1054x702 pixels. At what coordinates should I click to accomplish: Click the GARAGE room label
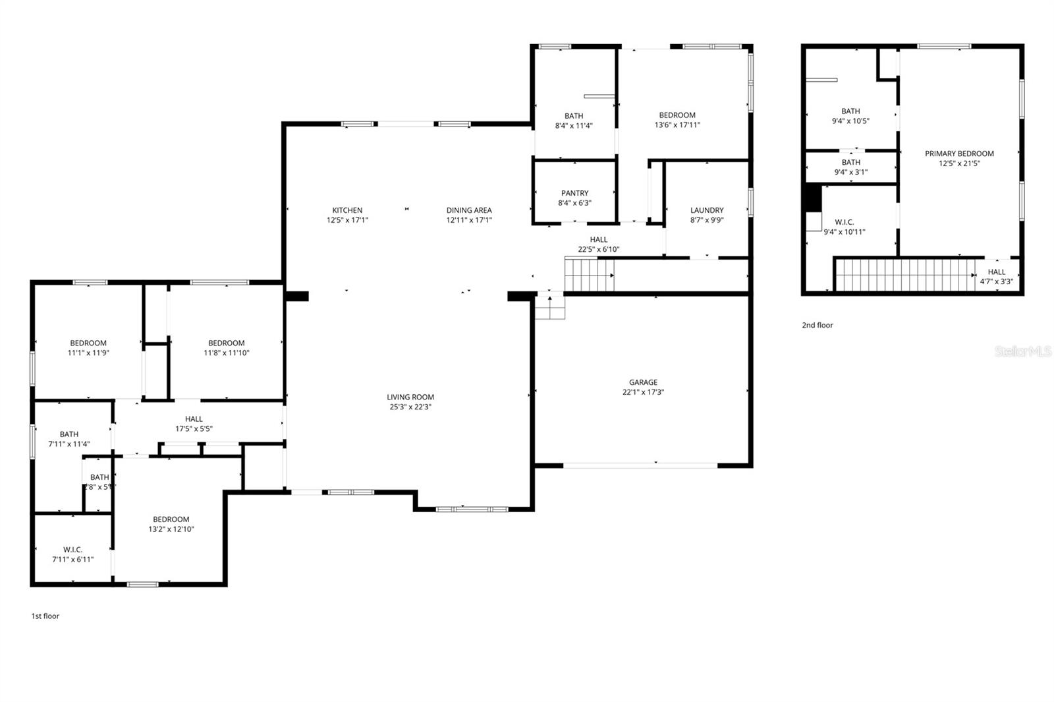tap(643, 382)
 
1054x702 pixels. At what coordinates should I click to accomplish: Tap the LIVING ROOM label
tap(410, 397)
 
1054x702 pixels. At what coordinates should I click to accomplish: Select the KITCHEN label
tap(347, 210)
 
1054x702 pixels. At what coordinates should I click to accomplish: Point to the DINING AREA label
tap(469, 210)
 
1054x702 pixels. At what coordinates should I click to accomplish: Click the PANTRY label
tap(574, 193)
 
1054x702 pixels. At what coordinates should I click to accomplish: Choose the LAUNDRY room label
tap(707, 210)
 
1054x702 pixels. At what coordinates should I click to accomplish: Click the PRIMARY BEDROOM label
tap(959, 154)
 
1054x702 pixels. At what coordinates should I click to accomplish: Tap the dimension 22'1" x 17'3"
tap(643, 392)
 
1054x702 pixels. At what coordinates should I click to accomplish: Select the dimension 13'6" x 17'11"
tap(677, 125)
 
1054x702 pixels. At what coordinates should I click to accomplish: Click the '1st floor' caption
tap(45, 616)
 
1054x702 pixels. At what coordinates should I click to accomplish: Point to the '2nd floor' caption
tap(818, 325)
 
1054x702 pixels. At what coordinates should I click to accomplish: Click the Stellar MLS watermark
tap(1023, 351)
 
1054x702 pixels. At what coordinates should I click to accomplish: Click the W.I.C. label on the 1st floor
tap(73, 550)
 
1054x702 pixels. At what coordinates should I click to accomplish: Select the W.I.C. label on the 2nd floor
tap(845, 222)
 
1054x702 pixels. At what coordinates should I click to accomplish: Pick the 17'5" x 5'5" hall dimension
tap(194, 429)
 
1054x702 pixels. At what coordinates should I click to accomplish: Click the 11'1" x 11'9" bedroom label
tap(88, 348)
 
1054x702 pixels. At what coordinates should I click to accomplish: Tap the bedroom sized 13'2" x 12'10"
tap(171, 524)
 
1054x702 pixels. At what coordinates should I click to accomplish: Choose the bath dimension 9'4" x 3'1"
tap(850, 173)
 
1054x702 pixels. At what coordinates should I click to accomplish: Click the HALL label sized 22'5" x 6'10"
tap(599, 240)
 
